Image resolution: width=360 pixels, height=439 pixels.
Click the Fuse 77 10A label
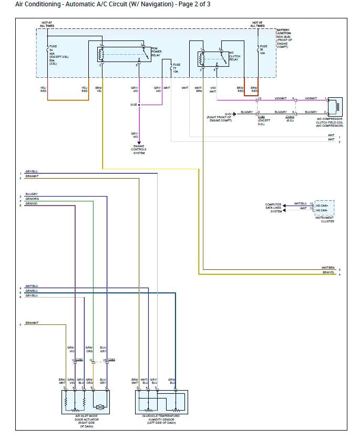[x=176, y=68]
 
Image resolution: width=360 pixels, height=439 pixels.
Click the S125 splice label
[x=133, y=105]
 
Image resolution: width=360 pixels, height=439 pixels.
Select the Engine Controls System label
[x=139, y=149]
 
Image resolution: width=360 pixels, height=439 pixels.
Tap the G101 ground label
[x=229, y=114]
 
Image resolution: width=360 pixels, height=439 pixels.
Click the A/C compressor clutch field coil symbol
[x=335, y=106]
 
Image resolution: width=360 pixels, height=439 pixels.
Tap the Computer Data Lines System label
[x=273, y=208]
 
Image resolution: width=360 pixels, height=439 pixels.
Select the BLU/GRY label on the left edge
[x=32, y=194]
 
